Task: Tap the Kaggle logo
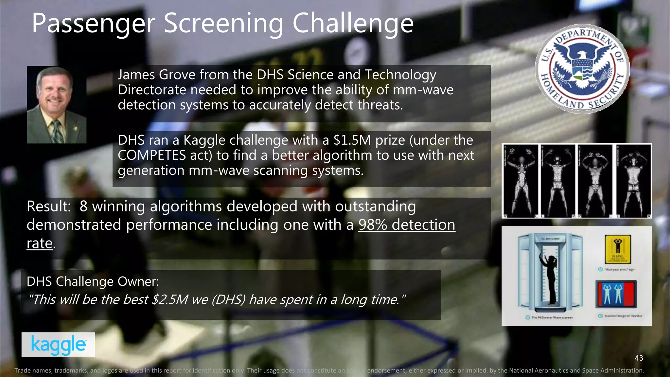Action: click(58, 345)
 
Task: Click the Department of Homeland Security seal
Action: click(582, 69)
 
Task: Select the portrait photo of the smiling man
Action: click(57, 105)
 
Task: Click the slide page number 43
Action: click(639, 358)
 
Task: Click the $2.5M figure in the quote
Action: click(170, 299)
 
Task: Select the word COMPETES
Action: click(152, 155)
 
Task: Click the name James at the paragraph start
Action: click(136, 75)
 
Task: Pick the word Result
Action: click(48, 206)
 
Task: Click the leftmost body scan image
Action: click(520, 181)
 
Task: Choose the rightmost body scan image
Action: click(633, 181)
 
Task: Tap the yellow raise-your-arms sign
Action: click(618, 249)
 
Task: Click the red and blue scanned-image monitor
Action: click(616, 294)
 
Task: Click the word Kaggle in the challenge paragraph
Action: click(204, 140)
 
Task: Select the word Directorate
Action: click(152, 90)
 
